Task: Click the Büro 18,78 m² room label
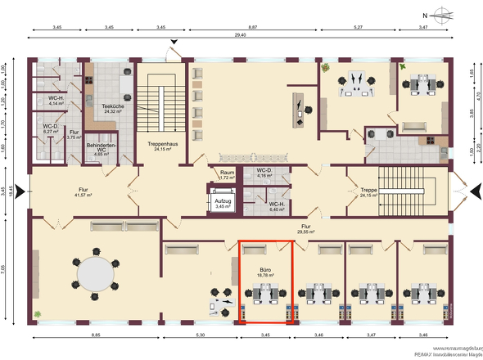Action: pos(264,272)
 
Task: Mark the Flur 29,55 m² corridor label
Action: pos(305,229)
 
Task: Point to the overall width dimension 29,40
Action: pos(240,36)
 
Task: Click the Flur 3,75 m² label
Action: pos(74,134)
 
